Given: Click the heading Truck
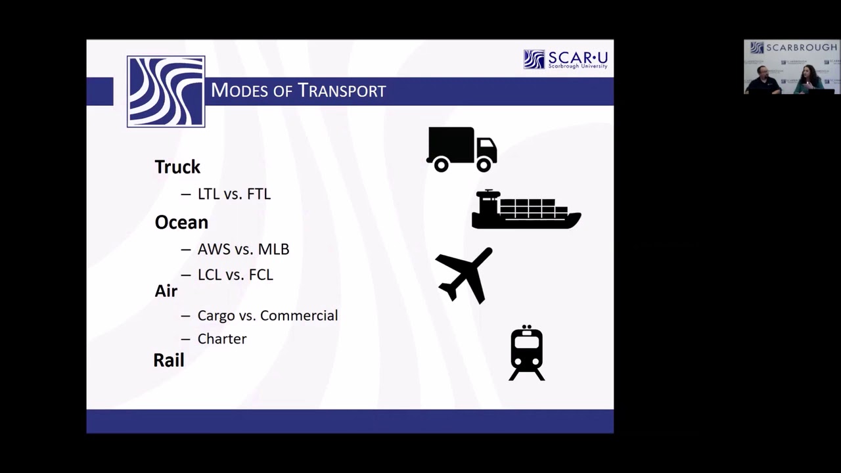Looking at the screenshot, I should coord(177,167).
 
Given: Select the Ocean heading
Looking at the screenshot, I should coord(181,222).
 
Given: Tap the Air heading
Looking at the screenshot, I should coord(166,290).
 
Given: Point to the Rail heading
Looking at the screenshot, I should coord(169,360).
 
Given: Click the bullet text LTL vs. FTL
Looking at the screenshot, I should coord(234,194).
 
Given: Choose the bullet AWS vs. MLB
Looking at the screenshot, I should coord(243,249).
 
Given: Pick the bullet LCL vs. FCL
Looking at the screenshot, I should coord(235,275).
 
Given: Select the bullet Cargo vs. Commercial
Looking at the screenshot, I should coord(267,315).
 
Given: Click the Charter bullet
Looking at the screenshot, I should coord(222,339).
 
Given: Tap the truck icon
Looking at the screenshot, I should coord(461,148).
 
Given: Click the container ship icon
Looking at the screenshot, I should coord(526,210).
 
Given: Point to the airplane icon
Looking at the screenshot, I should coord(465,275).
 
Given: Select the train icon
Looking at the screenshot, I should coord(527,353).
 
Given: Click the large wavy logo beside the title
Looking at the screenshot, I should coord(166,91).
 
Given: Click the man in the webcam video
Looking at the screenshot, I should coord(763,80).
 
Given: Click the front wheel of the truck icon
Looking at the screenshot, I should coord(484,165).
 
